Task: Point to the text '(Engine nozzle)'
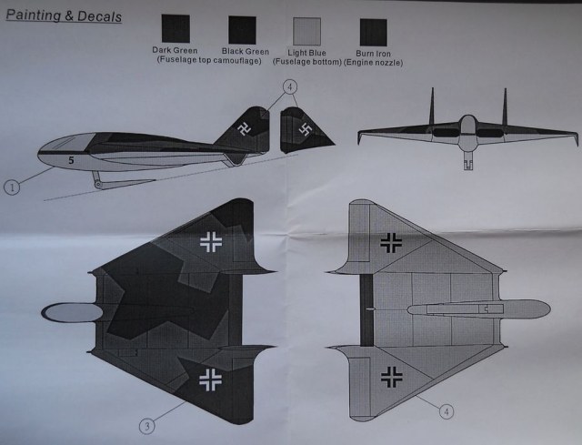pos(374,62)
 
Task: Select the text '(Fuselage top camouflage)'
pos(208,62)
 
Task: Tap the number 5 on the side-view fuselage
pos(69,158)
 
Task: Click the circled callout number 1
pos(12,188)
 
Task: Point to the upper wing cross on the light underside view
pos(393,241)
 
